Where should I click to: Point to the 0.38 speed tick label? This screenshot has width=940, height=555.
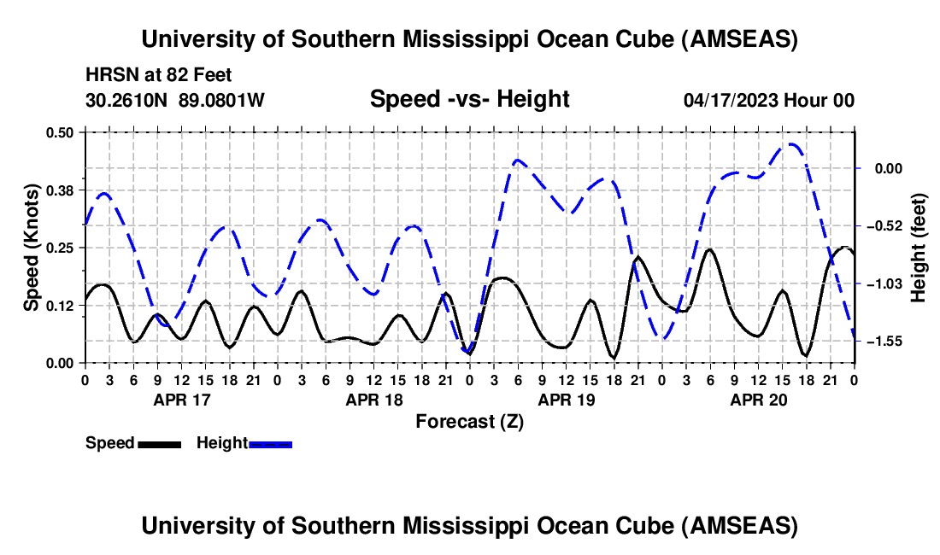tap(65, 190)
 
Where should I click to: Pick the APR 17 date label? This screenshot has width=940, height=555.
tap(181, 399)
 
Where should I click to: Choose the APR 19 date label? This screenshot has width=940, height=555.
tap(566, 399)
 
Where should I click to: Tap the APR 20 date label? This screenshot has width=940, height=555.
tap(758, 399)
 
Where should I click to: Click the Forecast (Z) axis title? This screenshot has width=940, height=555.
tap(469, 421)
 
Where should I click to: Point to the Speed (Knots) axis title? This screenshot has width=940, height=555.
tap(31, 248)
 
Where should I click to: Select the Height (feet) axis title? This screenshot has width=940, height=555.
tap(919, 248)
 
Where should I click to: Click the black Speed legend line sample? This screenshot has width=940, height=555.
tap(159, 443)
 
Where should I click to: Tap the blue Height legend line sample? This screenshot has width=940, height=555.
tap(271, 443)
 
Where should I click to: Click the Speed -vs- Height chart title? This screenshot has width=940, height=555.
tap(469, 99)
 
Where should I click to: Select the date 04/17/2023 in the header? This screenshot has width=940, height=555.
tap(731, 100)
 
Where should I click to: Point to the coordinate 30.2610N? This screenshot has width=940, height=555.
tap(128, 100)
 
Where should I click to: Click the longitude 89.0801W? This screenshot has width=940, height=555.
tap(221, 100)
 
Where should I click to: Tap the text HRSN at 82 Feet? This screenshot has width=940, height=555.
tap(159, 75)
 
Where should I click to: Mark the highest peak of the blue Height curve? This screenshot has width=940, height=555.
tap(790, 144)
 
